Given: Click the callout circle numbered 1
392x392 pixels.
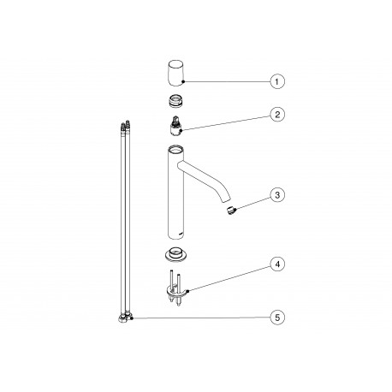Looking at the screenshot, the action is point(277,81).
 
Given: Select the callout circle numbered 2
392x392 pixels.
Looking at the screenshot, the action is point(277,115).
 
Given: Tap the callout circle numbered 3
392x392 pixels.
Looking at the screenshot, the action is point(277,195).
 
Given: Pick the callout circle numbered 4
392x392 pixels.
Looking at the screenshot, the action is point(277,264).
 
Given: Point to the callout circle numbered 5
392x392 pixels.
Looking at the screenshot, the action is point(277,318).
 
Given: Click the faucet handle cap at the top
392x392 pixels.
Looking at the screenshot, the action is point(175,73).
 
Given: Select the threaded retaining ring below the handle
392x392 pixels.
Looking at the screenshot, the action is point(175,101).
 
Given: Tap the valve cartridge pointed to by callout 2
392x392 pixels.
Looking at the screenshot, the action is point(175,126).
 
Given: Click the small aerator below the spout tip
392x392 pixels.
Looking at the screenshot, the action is point(231,211).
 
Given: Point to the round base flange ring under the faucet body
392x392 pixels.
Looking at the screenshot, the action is point(175,253).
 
